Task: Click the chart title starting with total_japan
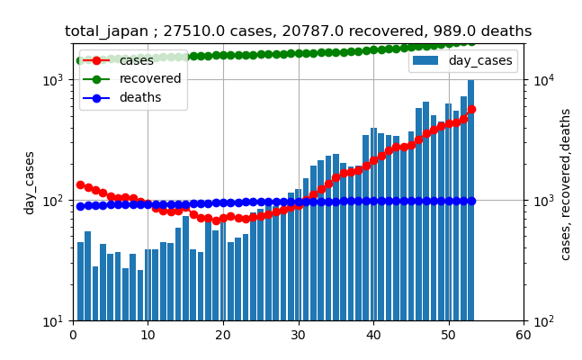298,31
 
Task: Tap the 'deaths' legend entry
140,97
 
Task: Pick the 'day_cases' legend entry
480,61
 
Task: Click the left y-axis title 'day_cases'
30,182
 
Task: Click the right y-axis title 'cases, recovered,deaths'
566,184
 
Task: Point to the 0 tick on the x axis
73,336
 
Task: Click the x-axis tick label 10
148,336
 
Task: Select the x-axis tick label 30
298,336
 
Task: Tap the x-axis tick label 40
373,336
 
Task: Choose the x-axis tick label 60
524,336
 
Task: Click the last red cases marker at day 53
471,109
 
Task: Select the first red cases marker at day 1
80,184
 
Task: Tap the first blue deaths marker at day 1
80,206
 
